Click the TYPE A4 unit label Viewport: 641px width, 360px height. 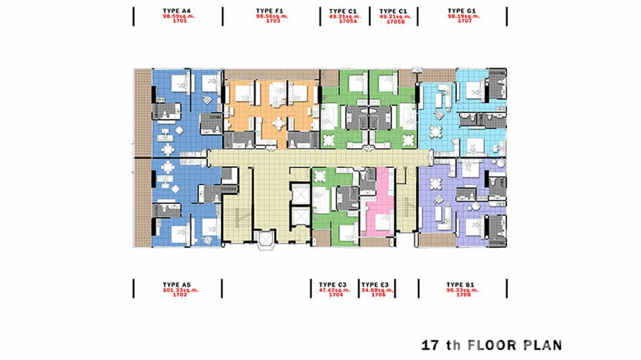(177, 11)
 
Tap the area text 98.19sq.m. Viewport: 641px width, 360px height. (463, 16)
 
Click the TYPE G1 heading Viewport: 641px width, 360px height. (463, 11)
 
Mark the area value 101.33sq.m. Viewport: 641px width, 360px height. (177, 290)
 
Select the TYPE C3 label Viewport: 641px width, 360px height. (334, 285)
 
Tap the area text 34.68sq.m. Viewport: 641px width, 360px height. (377, 290)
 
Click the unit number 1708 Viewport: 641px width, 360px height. (463, 295)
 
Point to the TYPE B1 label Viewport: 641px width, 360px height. (463, 285)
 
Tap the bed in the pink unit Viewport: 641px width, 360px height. (380, 222)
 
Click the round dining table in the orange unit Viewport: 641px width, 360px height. (278, 123)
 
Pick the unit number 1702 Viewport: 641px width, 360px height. (177, 295)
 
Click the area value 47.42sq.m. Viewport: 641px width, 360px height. (334, 290)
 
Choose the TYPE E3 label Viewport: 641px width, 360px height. (377, 285)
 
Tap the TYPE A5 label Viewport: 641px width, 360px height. (177, 285)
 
